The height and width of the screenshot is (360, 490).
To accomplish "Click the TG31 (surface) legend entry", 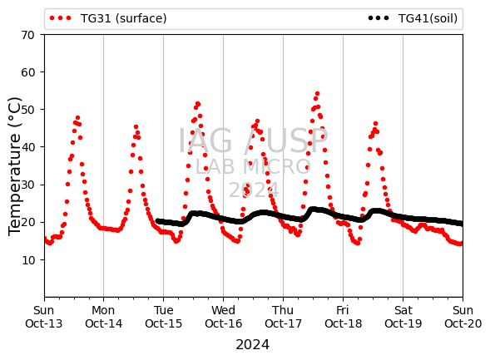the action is (x=108, y=18).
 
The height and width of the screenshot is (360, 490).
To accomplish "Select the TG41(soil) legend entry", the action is (x=413, y=18).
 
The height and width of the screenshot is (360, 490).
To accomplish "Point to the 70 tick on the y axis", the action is (x=27, y=35).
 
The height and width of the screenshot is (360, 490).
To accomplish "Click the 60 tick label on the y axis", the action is (x=27, y=72).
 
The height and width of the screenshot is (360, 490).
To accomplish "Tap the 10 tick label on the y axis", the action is (x=27, y=260).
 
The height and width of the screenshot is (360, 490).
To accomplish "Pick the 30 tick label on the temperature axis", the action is (x=27, y=185).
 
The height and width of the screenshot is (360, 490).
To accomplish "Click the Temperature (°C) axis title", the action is (x=14, y=166).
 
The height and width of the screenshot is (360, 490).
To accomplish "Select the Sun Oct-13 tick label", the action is (x=44, y=317).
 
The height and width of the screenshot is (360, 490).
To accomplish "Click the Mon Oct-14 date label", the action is (x=103, y=317).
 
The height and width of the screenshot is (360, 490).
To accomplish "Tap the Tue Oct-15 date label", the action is (x=163, y=317).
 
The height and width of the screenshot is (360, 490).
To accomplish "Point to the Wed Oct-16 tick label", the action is (x=224, y=317).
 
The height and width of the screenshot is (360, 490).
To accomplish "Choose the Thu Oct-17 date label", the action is (x=283, y=317).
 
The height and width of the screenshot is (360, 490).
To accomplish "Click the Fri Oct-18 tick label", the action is (x=343, y=317).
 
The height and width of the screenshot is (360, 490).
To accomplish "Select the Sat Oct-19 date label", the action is (x=403, y=317).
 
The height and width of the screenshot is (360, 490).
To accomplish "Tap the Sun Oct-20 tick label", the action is (x=463, y=317).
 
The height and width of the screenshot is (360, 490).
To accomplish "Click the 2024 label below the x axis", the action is (x=253, y=345).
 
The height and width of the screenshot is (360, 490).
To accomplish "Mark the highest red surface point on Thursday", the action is (x=317, y=94).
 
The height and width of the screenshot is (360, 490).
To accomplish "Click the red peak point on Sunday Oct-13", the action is (x=78, y=118).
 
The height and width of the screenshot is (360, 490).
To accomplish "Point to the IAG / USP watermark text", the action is (x=253, y=141).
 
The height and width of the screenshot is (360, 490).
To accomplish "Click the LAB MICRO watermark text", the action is (x=253, y=167).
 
